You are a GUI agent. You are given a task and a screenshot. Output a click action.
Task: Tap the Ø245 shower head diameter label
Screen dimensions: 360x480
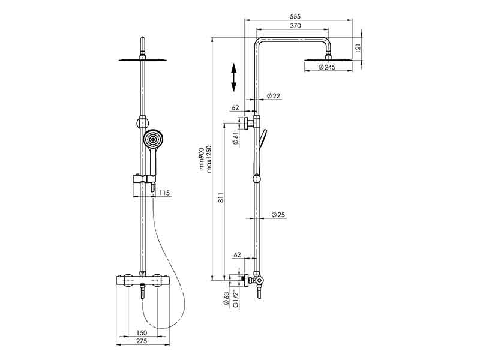point(326,67)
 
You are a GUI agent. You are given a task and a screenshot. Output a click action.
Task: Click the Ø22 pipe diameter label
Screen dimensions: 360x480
point(274,96)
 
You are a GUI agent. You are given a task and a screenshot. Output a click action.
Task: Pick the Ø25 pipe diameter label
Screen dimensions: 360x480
point(277,214)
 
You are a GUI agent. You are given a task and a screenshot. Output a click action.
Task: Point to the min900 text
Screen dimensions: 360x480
point(202,158)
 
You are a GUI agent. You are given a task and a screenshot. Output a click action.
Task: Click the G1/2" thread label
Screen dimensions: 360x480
point(236,298)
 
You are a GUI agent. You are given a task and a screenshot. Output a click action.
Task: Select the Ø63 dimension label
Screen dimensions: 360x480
point(226,299)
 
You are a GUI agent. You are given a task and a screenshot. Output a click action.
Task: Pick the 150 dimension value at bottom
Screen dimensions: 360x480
point(142,332)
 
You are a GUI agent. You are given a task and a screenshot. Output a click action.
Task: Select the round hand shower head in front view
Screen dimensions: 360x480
point(153,140)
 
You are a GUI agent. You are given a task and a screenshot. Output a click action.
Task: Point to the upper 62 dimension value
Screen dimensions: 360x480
point(235,107)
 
